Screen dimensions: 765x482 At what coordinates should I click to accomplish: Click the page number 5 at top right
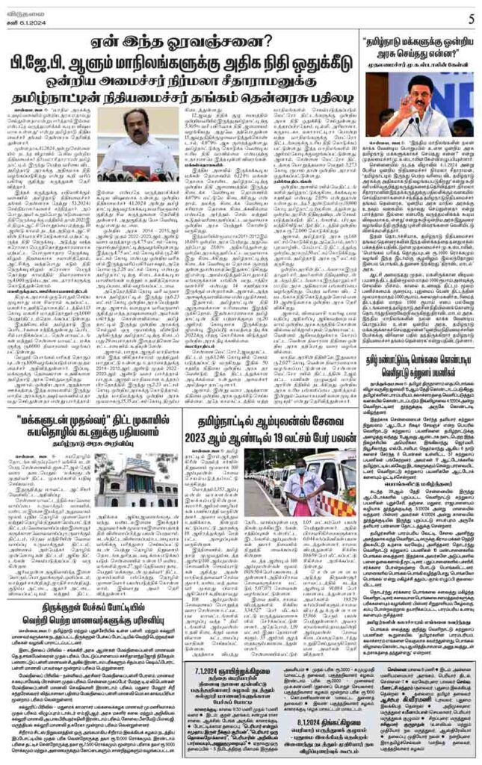(471, 17)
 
